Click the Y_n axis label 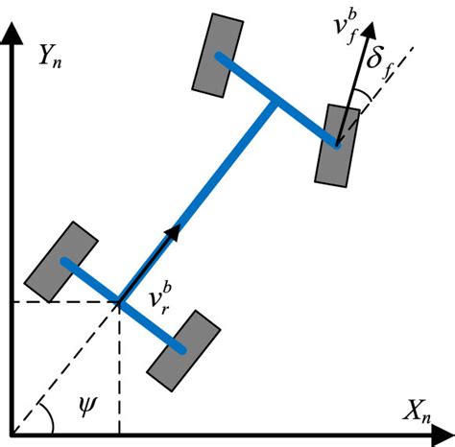pos(52,59)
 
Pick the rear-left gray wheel pos(62,260)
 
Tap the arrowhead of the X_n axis pos(443,430)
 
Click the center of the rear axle pos(118,303)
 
